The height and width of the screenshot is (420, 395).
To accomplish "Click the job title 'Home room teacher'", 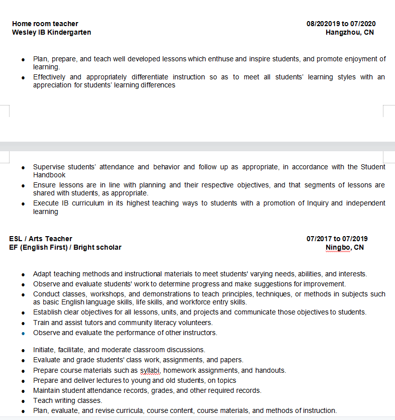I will point(45,24).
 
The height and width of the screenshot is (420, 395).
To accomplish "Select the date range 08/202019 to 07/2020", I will point(341,24).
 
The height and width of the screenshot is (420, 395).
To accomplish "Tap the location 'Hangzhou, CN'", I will point(349,32).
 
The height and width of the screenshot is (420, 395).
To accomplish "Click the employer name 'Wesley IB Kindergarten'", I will point(52,32).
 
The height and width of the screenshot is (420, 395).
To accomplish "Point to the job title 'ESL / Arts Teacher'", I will point(41,239).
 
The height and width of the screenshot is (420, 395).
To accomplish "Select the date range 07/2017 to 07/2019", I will point(337,239).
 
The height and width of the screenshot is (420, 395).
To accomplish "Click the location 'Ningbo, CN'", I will point(344,247).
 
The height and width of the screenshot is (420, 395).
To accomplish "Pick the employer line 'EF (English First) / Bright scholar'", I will point(65,247).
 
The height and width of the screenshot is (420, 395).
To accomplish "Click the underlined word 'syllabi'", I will point(150,370).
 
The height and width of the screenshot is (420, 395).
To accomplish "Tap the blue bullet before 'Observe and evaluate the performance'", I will point(23,333).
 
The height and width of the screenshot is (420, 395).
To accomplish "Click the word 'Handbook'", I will point(49,175).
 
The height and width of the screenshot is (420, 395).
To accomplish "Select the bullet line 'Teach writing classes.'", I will point(67,400).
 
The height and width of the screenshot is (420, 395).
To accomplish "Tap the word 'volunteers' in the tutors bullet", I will point(195,323).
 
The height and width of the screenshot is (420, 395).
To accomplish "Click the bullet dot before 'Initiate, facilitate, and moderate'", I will point(23,350).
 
